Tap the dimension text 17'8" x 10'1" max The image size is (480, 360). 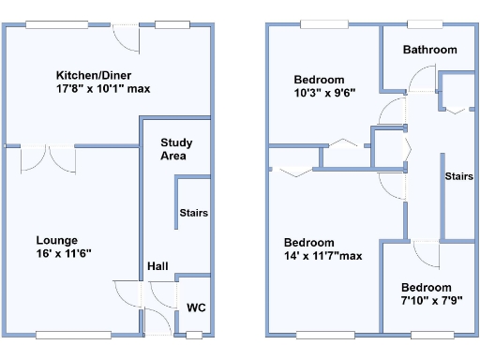pyautogui.click(x=103, y=89)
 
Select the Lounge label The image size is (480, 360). pyautogui.click(x=57, y=240)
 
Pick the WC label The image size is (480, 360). pyautogui.click(x=195, y=307)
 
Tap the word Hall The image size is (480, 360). pyautogui.click(x=157, y=267)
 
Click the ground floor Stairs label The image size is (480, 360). pyautogui.click(x=193, y=213)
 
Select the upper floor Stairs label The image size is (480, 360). pyautogui.click(x=458, y=176)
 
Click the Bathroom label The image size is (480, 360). pyautogui.click(x=429, y=50)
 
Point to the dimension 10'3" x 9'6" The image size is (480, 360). pyautogui.click(x=319, y=94)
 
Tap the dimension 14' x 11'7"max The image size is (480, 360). pyautogui.click(x=322, y=255)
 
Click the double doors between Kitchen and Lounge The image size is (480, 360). pyautogui.click(x=48, y=157)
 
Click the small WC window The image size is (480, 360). pyautogui.click(x=194, y=335)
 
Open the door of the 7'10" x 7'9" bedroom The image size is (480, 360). pyautogui.click(x=424, y=253)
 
